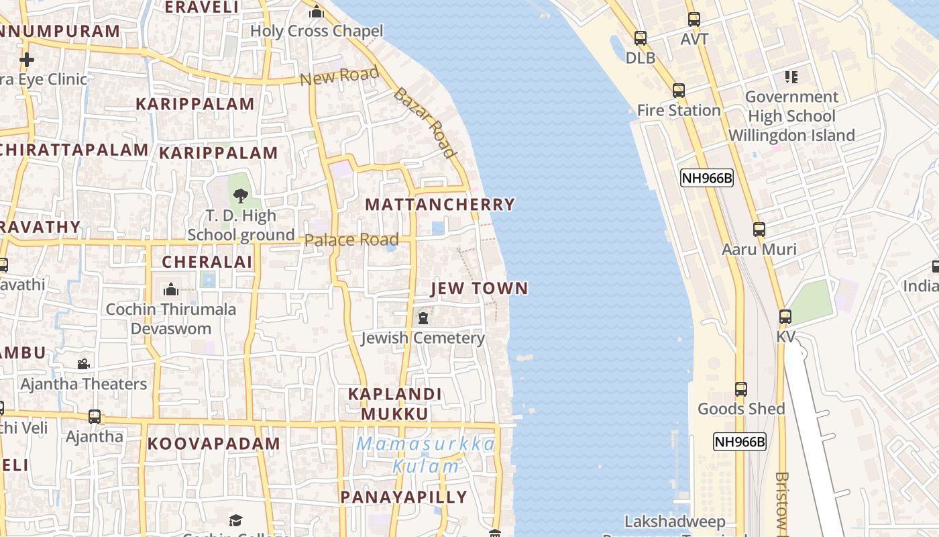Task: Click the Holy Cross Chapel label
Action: coord(317,31)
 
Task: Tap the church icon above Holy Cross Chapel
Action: coord(317,11)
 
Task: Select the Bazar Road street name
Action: coord(425,123)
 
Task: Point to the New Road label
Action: coord(339,76)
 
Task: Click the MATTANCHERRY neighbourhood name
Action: coord(440,204)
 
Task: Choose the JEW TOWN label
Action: coord(479,288)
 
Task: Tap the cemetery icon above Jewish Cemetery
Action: coord(423,318)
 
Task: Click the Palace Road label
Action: coord(351,240)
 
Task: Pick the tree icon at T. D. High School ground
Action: coord(240,196)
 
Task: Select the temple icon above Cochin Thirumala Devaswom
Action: coord(171,289)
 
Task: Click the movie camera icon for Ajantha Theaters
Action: coord(83,364)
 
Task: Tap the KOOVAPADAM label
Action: coord(214,444)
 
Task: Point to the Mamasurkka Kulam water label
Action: coord(426,454)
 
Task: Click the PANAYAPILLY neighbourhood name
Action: coord(404,497)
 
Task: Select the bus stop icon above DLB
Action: coord(641,38)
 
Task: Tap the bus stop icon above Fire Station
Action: coord(679,91)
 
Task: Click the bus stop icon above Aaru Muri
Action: coord(759,230)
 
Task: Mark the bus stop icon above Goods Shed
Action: coord(741,389)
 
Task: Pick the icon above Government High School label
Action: coord(791,77)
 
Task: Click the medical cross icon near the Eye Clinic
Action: coord(27,60)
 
